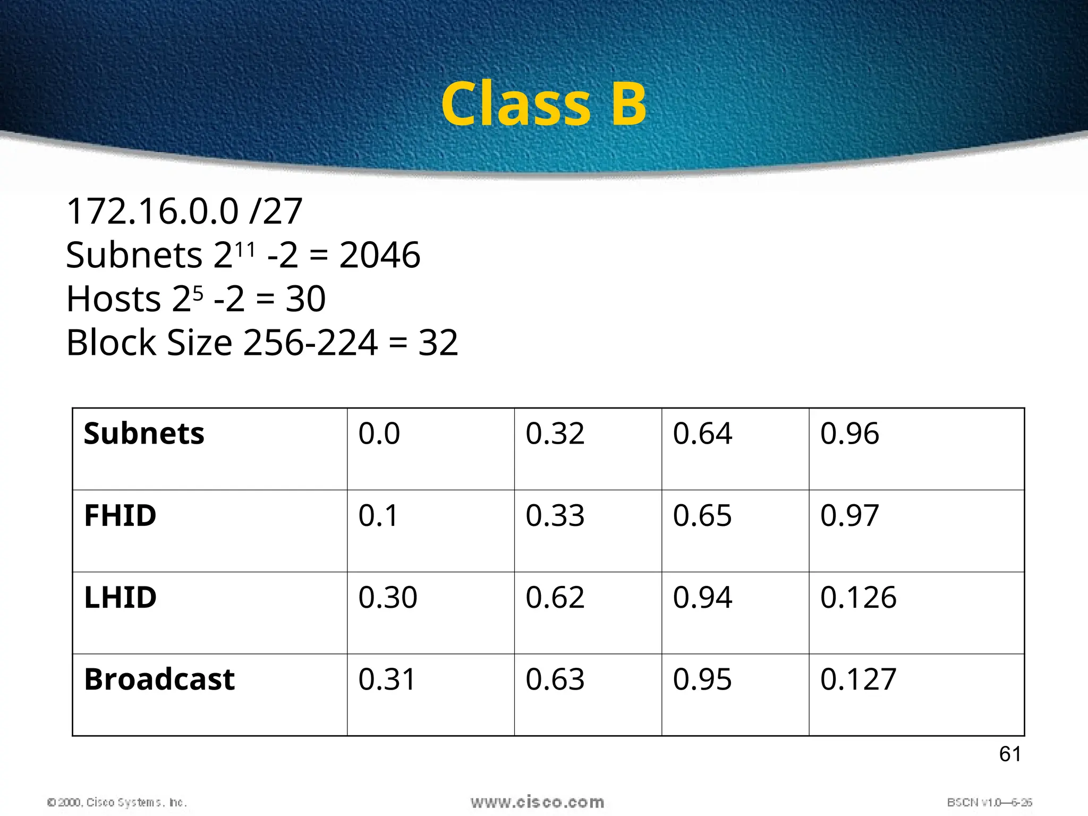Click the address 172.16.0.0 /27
[x=184, y=211]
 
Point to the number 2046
[x=379, y=255]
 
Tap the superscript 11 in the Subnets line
[x=245, y=249]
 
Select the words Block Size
[x=149, y=343]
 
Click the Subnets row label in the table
[x=144, y=433]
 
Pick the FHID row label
[x=120, y=515]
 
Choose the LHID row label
[x=120, y=597]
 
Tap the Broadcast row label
[x=159, y=679]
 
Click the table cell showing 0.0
[x=379, y=433]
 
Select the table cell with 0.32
[x=555, y=433]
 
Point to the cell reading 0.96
[x=849, y=433]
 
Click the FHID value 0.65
[x=702, y=515]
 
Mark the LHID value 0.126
[x=858, y=597]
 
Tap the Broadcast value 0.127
[x=858, y=679]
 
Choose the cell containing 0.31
[x=387, y=679]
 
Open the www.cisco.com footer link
[x=537, y=802]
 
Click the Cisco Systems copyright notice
[x=117, y=802]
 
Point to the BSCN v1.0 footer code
[x=989, y=802]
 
